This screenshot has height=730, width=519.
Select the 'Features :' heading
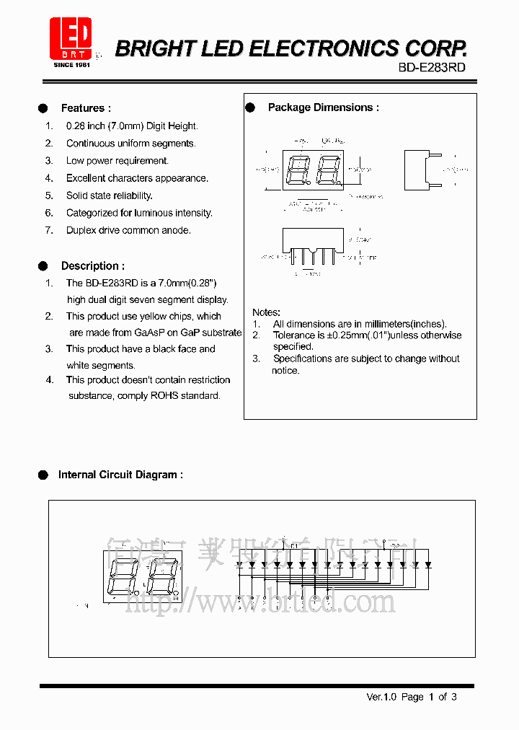[x=86, y=108]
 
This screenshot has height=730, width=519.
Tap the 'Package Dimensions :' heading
[x=323, y=107]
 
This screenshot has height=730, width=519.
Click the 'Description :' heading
[x=92, y=266]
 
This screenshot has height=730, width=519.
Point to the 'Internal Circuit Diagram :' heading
[x=120, y=475]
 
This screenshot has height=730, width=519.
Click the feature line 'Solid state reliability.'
[x=109, y=195]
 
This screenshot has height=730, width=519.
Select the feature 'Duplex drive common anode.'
[x=128, y=230]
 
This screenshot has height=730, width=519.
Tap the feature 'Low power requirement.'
[x=117, y=161]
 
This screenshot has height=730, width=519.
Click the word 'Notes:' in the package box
[x=266, y=312]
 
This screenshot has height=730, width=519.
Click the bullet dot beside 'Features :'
[x=43, y=108]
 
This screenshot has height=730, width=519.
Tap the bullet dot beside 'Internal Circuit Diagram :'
[x=43, y=475]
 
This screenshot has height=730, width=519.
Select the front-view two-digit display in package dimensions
[x=311, y=171]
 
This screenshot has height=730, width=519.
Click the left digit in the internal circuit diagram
[x=122, y=574]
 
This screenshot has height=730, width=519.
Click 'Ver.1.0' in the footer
[x=381, y=697]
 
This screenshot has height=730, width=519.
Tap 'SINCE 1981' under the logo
[x=71, y=65]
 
